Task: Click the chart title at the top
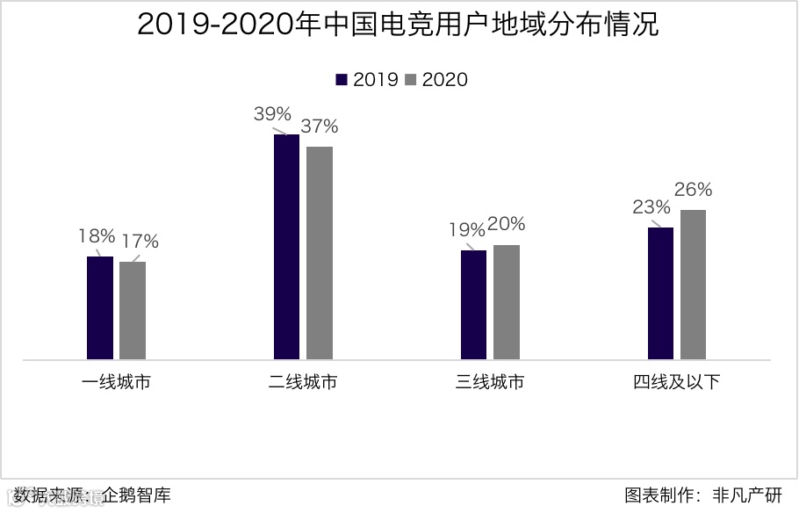click(399, 25)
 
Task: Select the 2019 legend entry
click(367, 79)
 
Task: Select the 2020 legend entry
click(436, 79)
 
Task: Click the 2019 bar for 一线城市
click(100, 307)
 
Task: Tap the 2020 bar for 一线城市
click(133, 310)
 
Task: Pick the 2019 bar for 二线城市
click(286, 247)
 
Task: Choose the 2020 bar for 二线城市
click(320, 253)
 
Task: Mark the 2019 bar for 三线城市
click(473, 305)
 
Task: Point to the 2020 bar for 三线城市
click(507, 302)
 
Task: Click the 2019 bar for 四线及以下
click(660, 293)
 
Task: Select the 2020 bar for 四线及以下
click(693, 285)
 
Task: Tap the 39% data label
click(272, 114)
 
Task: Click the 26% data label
click(693, 189)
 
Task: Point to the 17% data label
click(140, 241)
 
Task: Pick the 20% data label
click(507, 224)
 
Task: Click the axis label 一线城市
click(116, 382)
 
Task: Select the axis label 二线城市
click(303, 382)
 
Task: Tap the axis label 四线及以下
click(676, 382)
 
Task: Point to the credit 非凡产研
click(746, 495)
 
